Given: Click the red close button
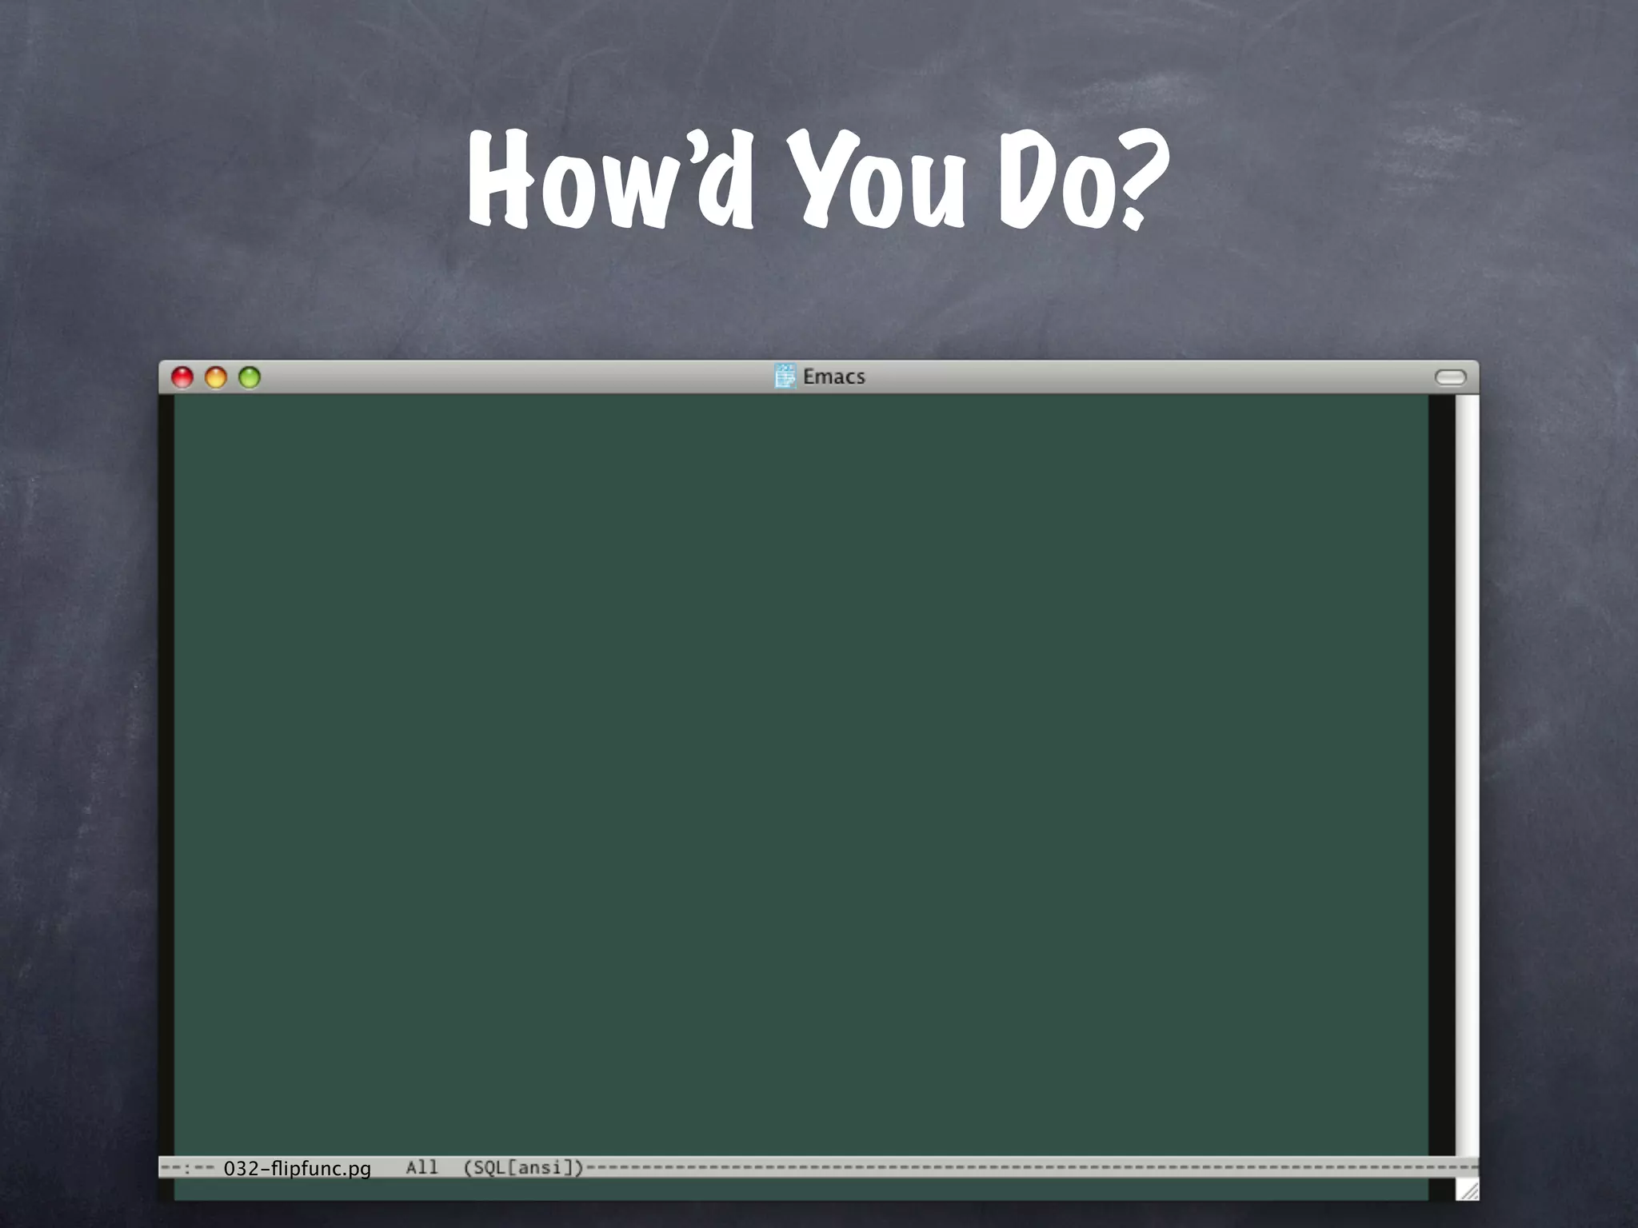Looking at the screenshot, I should point(182,377).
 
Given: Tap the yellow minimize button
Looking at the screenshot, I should point(216,377).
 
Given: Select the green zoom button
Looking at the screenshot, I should point(250,377).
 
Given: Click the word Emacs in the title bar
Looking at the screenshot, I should point(833,377).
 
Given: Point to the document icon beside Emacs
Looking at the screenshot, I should point(785,376).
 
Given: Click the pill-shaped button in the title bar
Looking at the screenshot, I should point(1450,377).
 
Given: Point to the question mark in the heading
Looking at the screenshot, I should point(1139,180).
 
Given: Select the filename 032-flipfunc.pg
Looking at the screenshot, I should point(297,1168).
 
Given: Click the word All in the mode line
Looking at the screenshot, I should point(421,1167).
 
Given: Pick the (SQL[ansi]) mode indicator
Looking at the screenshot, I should point(524,1167).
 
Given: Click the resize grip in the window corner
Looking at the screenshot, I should point(1468,1190).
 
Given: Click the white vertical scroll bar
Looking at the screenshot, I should point(1467,767).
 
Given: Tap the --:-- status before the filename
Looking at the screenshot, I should point(186,1168).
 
